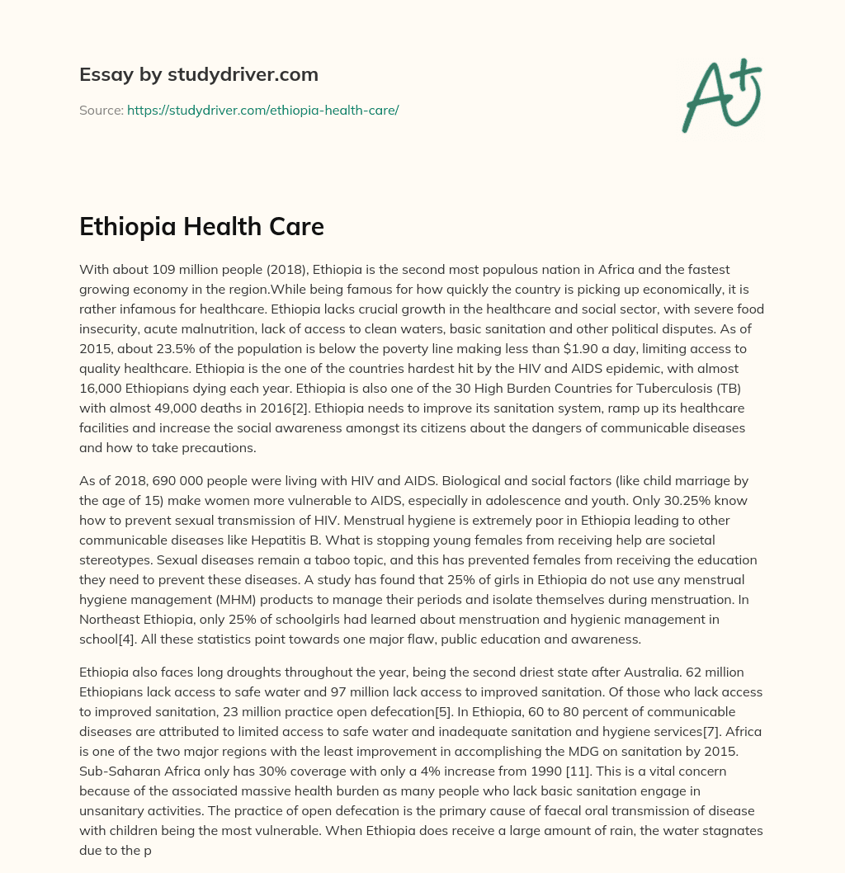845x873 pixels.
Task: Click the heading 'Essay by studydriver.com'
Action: tap(199, 74)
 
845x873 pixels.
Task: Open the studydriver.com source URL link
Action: tap(262, 110)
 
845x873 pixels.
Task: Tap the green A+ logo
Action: tap(721, 96)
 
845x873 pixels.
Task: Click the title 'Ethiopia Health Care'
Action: tap(201, 228)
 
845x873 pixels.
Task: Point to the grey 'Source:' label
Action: tap(101, 110)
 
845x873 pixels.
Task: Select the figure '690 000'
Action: tap(185, 480)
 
